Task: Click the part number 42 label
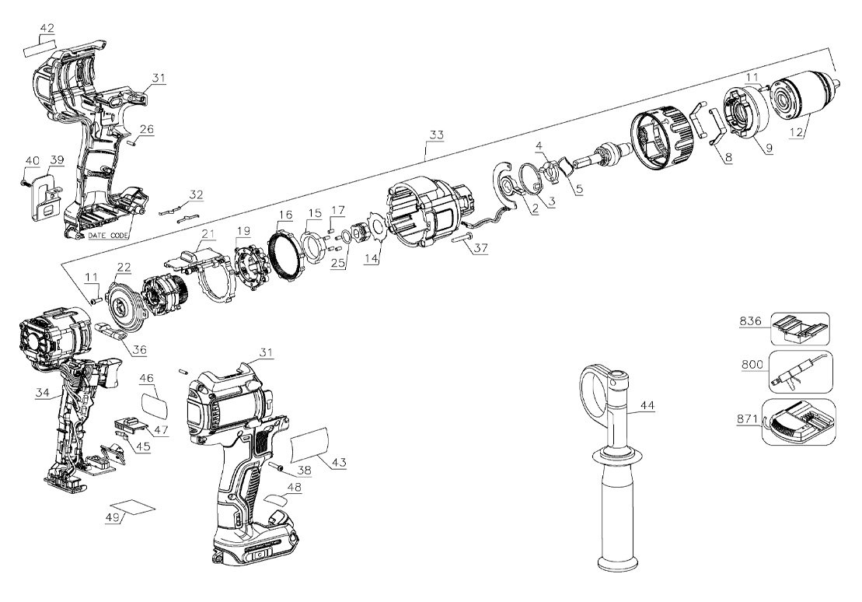coord(47,29)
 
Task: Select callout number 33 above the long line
coord(436,135)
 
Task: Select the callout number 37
coord(481,249)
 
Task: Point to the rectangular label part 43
coord(314,447)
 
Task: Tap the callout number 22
coord(124,267)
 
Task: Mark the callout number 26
coord(146,129)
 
